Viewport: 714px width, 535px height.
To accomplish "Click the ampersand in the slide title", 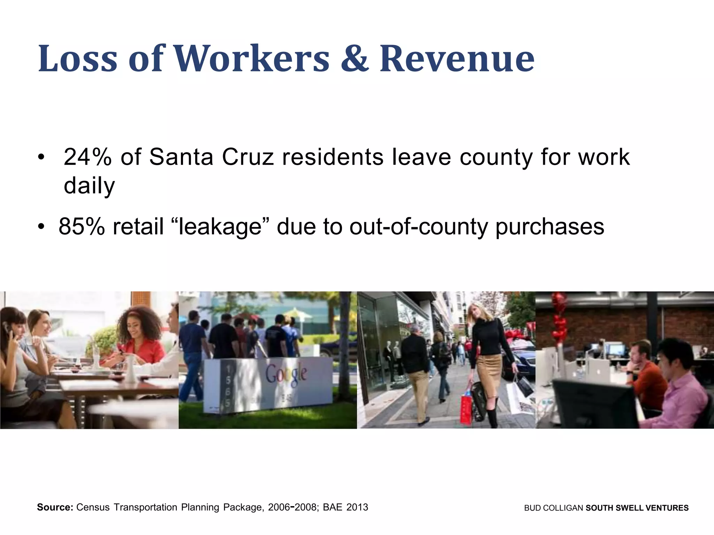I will tap(354, 58).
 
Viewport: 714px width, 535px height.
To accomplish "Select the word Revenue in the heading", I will tap(457, 58).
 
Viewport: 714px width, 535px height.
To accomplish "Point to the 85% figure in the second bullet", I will tap(82, 227).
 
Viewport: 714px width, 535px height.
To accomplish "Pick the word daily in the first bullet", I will tap(89, 186).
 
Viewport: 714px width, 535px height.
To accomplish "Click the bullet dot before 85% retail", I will tap(41, 227).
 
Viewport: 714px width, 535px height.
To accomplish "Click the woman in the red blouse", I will tap(139, 345).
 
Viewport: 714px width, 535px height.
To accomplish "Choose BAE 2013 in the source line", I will tap(345, 507).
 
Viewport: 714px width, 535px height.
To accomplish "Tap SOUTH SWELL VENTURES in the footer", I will tap(637, 508).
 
